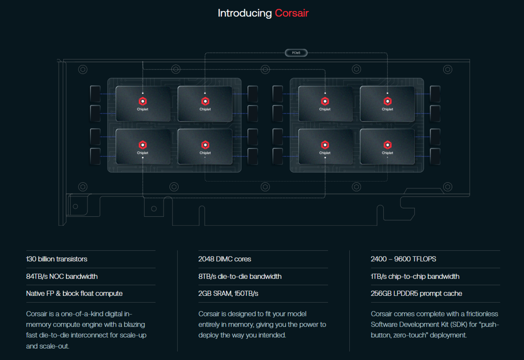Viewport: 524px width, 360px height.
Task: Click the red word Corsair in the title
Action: point(292,13)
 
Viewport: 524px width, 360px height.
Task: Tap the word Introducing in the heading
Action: point(245,14)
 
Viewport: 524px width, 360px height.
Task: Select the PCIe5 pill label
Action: point(296,53)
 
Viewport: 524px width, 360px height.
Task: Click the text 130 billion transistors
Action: point(57,259)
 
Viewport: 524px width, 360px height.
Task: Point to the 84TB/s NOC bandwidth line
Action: point(62,276)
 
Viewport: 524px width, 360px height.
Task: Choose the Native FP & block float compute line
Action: point(74,293)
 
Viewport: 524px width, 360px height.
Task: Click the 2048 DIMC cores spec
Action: point(224,259)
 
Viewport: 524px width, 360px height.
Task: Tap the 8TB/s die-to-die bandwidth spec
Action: point(240,276)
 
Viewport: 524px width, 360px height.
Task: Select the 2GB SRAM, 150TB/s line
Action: point(228,293)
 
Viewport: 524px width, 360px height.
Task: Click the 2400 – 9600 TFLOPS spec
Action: point(403,259)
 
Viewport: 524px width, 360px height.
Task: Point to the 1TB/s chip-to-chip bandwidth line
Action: point(415,276)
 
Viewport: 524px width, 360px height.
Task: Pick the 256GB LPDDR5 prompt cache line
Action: point(417,293)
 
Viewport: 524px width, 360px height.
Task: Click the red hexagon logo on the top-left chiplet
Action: point(143,101)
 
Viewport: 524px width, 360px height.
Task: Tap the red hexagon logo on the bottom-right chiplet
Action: point(387,145)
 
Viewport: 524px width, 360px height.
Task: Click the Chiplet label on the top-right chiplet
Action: point(387,109)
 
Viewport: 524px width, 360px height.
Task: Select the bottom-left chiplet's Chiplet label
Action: point(142,153)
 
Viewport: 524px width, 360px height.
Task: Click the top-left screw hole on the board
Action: point(83,69)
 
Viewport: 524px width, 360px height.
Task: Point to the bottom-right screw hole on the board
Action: point(448,187)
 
